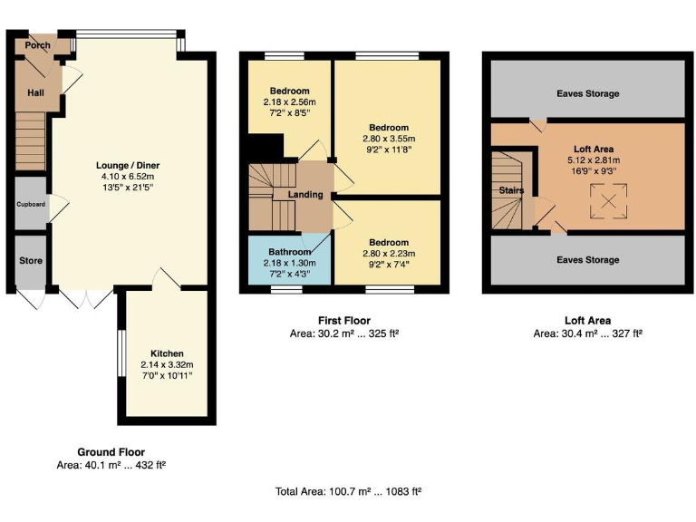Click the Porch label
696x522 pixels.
pos(37,44)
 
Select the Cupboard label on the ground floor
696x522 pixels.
pos(31,204)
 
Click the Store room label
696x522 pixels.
pos(31,260)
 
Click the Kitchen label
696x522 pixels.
pos(168,353)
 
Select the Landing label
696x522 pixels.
pos(305,195)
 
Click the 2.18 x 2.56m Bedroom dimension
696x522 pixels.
pos(289,102)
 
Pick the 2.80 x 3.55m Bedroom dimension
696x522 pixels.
pos(388,139)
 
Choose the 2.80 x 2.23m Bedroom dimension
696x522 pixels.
pos(388,254)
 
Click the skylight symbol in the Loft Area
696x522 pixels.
pos(608,200)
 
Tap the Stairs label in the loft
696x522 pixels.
pos(512,190)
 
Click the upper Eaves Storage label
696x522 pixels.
pos(588,93)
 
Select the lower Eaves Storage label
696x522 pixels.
pos(588,260)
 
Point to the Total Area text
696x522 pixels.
pos(348,492)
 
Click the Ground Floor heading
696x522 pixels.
pos(111,451)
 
